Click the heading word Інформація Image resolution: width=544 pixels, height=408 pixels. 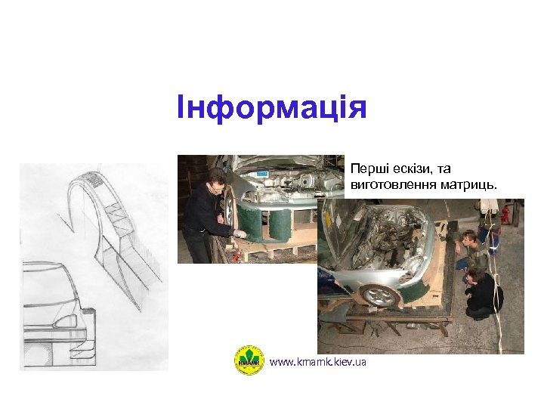[271, 107]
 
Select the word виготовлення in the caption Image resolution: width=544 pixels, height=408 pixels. [386, 184]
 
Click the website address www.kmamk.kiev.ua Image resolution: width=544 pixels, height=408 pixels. [317, 363]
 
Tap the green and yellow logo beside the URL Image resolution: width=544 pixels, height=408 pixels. [249, 360]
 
